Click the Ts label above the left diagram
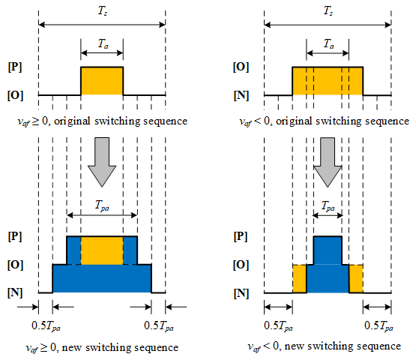(103, 11)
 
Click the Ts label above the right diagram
(328, 11)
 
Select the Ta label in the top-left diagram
(103, 43)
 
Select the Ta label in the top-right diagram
(328, 43)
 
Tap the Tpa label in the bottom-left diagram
(102, 205)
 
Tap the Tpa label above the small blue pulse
(328, 206)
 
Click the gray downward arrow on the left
(102, 162)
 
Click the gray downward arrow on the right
(328, 162)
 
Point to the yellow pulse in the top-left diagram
(102, 81)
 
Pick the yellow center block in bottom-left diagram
(102, 250)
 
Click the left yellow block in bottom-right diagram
(300, 278)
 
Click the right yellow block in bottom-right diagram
(356, 278)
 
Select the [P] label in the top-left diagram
(15, 67)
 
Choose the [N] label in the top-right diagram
(241, 95)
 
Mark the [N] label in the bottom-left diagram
(15, 292)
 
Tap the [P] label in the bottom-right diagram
(241, 236)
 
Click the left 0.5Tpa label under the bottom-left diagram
(46, 326)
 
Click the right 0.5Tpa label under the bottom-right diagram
(379, 326)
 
